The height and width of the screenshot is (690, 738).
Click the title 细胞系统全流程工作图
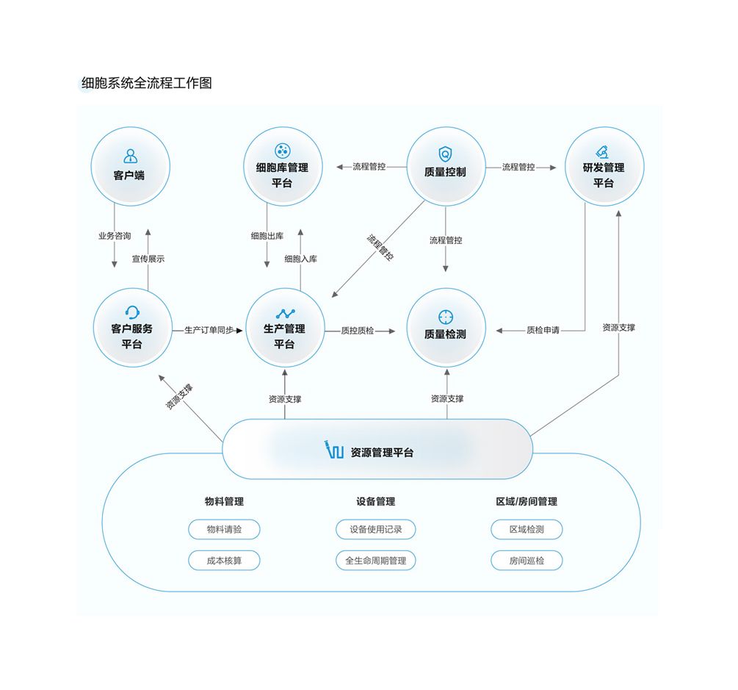click(146, 83)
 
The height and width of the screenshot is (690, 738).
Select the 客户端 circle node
click(130, 166)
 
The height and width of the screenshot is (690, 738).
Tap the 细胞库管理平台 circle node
click(282, 167)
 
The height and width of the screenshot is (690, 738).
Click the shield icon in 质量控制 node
click(444, 154)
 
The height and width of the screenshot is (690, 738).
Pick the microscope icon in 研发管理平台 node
click(602, 152)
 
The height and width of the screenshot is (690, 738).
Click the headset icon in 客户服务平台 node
click(132, 312)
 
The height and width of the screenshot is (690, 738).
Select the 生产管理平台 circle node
click(284, 328)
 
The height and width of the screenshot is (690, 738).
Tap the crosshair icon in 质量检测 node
click(445, 317)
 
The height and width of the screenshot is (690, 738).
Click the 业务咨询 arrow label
click(114, 236)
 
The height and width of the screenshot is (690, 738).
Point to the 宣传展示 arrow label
click(148, 259)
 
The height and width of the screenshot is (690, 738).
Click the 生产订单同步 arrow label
click(209, 331)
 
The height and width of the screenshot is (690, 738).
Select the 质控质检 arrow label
click(358, 331)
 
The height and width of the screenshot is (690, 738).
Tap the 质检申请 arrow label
click(543, 330)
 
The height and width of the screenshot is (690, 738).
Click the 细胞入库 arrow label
click(300, 259)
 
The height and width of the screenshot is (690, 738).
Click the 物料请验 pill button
click(224, 529)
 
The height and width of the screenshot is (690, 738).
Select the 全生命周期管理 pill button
click(375, 561)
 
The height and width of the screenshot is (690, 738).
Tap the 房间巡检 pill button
click(527, 561)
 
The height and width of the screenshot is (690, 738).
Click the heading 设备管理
click(375, 501)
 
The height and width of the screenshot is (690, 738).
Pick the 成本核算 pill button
click(224, 561)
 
